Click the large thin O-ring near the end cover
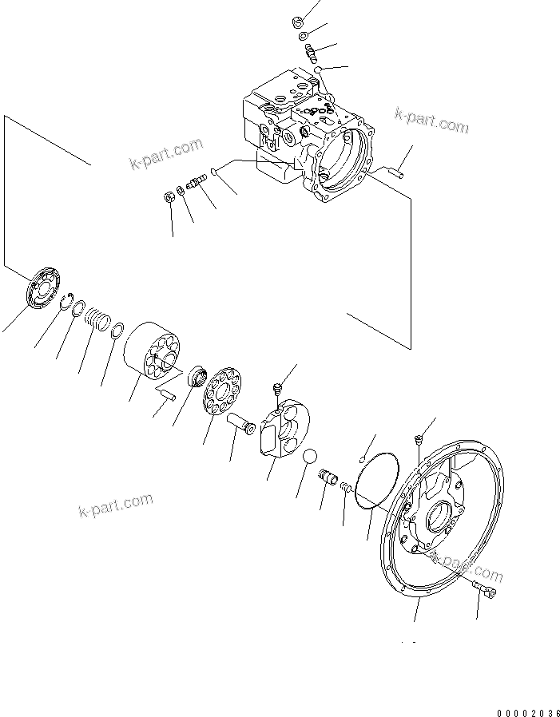click(x=376, y=481)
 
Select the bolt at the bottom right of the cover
click(x=486, y=590)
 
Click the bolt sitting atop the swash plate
click(x=277, y=389)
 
